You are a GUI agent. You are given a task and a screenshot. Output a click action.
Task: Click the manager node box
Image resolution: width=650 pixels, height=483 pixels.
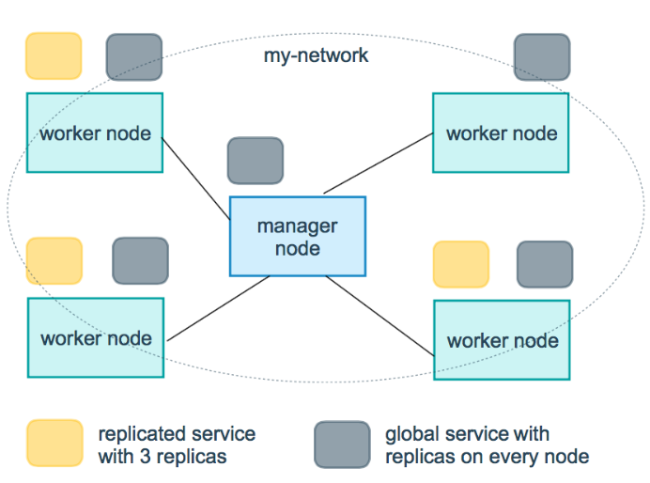298,236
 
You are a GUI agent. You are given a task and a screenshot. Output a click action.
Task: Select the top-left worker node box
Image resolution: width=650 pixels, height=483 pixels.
95,132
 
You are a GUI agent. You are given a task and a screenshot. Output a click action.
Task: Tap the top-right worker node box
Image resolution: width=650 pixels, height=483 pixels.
501,132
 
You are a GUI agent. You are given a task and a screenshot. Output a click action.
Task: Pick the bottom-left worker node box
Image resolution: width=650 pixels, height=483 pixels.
96,337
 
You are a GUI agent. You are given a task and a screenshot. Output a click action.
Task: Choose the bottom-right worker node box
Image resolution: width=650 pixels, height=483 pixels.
502,340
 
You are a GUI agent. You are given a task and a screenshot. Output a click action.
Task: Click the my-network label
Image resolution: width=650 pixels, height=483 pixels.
316,55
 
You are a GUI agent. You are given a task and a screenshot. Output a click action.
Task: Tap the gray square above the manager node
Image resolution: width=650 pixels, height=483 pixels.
255,161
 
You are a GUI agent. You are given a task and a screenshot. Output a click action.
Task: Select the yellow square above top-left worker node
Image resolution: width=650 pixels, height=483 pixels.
54,56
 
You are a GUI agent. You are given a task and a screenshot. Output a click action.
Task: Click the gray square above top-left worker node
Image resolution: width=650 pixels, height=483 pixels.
134,56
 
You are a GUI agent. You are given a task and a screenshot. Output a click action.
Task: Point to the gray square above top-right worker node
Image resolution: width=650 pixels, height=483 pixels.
542,56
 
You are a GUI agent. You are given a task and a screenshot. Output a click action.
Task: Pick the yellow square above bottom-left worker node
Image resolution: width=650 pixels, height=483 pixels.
54,261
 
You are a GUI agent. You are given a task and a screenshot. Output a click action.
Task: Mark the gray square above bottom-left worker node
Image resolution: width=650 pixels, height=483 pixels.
141,261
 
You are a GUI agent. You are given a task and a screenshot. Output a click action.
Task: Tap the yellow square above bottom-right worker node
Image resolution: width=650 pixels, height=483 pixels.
461,264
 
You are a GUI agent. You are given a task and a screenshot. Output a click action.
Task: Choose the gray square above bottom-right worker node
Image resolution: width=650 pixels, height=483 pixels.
545,264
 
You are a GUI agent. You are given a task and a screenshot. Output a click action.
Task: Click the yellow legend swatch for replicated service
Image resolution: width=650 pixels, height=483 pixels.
55,444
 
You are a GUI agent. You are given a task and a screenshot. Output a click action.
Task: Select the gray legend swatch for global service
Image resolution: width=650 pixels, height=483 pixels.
343,444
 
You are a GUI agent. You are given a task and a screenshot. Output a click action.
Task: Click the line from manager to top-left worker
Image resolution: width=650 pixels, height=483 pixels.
195,179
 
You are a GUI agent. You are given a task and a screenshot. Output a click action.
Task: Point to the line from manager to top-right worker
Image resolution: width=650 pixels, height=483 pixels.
378,163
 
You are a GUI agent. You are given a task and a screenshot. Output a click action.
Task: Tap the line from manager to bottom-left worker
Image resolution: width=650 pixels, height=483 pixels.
219,308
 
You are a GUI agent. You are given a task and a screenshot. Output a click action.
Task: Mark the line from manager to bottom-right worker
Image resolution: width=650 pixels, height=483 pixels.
380,316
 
